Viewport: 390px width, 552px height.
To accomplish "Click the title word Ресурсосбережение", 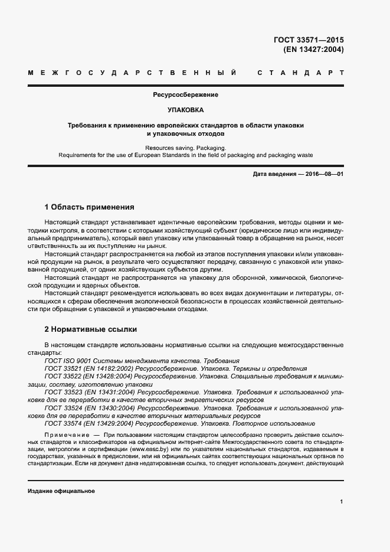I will click(186, 94).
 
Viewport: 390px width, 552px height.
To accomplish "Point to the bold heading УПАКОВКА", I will click(186, 110).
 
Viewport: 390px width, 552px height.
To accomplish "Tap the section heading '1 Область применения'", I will click(90, 207).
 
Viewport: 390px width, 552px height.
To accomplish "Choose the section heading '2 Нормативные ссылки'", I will click(90, 329).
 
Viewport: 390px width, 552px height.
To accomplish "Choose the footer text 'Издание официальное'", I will click(61, 491).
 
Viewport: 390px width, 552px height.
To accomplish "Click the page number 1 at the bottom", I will click(342, 502).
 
